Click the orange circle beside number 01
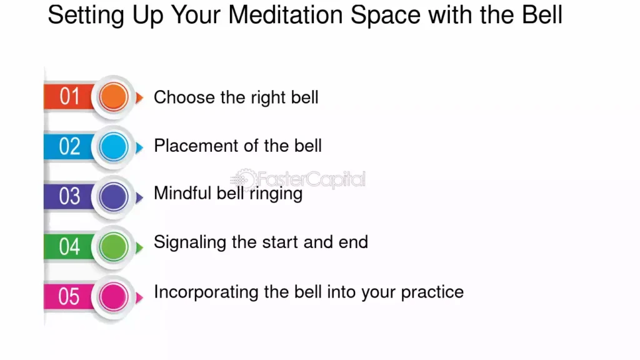click(114, 97)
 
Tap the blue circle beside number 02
click(114, 147)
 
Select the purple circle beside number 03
click(114, 197)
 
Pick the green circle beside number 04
click(114, 247)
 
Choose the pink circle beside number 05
click(114, 297)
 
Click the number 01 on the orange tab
click(69, 97)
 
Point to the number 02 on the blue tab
click(69, 146)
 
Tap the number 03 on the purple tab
click(69, 196)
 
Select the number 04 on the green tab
click(69, 246)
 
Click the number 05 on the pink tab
click(69, 296)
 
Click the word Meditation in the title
click(286, 15)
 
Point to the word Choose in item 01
click(184, 97)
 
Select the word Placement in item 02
click(191, 146)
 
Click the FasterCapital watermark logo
click(298, 179)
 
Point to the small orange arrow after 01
click(139, 98)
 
